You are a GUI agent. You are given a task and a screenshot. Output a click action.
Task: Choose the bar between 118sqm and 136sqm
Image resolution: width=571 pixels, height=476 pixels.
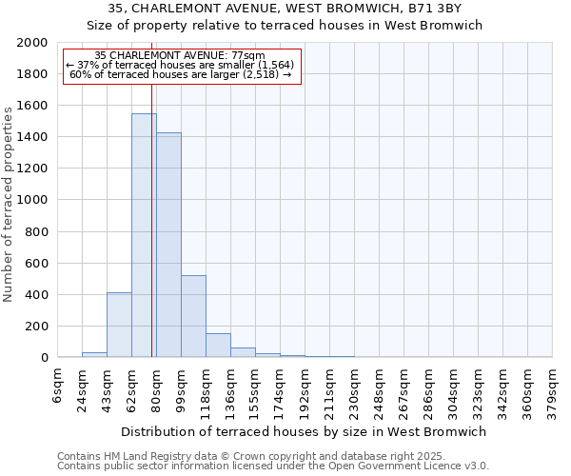[x=218, y=346]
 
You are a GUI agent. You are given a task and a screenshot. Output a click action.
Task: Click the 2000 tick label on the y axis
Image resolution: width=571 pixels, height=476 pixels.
[x=32, y=43]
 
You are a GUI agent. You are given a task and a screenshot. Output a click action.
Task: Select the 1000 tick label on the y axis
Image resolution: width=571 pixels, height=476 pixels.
[x=32, y=200]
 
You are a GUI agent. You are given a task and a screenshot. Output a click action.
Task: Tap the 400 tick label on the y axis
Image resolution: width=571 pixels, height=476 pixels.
[x=36, y=294]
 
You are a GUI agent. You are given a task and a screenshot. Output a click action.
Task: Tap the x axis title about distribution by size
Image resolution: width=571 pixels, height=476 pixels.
[x=305, y=431]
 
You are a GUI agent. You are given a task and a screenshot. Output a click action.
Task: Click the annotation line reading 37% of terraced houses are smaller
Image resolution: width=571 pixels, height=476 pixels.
[x=181, y=65]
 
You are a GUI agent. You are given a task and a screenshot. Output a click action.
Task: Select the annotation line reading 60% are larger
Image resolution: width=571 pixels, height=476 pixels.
[x=181, y=74]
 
